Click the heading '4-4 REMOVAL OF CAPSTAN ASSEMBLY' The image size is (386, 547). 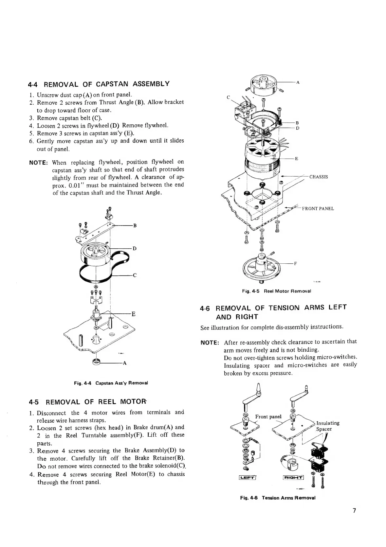coord(99,84)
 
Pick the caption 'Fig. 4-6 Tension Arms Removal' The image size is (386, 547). coord(277,498)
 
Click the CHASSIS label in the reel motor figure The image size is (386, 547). coord(319,177)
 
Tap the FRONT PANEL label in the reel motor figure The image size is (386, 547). coord(318,208)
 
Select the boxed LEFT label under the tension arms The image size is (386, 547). coord(248,477)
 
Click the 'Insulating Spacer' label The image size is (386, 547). coord(327,426)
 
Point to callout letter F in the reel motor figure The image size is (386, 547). coord(295,264)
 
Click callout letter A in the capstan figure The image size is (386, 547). coord(124,363)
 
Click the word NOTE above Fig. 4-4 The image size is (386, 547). coord(39,163)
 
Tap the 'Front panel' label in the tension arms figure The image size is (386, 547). coord(268,416)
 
